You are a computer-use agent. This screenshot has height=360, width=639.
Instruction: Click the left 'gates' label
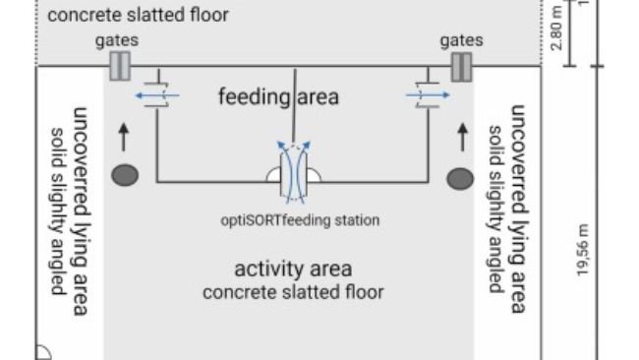pos(118,40)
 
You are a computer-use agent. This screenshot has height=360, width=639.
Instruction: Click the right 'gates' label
pos(461,40)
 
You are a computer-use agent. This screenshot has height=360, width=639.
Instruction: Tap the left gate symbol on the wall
pos(119,66)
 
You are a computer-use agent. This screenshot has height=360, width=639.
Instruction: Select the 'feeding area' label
pos(278,96)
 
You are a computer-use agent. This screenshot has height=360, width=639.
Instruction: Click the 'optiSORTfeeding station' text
pos(298,220)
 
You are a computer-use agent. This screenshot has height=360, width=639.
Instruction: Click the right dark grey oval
pos(460,177)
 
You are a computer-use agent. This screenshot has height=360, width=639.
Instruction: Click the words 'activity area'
pos(293,269)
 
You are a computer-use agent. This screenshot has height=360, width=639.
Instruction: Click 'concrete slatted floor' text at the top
pos(139,15)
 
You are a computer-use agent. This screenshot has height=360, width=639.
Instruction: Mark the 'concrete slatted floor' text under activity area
pos(293,292)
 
